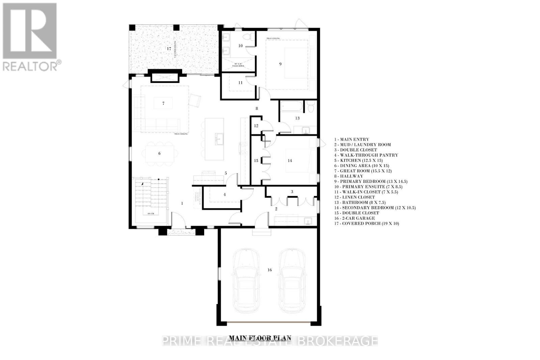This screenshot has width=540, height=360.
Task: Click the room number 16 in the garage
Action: click(269, 270)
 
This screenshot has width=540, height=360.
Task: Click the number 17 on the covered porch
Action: click(169, 49)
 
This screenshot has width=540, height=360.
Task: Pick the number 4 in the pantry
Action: click(224, 194)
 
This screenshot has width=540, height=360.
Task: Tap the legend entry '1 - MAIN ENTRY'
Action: click(352, 139)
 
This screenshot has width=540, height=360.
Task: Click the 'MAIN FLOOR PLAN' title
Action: click(260, 337)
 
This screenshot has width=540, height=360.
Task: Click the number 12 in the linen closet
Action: click(256, 126)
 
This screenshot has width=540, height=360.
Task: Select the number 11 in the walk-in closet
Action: click(240, 83)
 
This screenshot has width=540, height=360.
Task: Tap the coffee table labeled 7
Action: click(163, 103)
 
